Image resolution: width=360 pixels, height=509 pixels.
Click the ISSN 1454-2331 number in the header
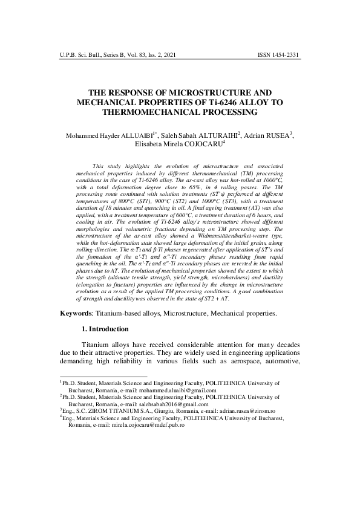[278, 55]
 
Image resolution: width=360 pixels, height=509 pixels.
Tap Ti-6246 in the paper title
[218, 103]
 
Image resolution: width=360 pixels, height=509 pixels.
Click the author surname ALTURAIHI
[212, 135]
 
